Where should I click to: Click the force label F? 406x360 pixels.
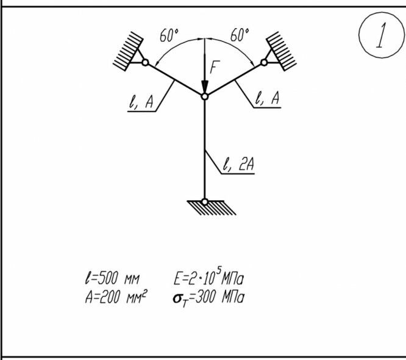[x=213, y=67]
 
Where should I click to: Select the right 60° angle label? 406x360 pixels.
[x=240, y=36]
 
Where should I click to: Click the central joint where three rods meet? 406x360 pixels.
[x=205, y=96]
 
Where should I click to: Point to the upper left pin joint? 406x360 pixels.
[x=144, y=62]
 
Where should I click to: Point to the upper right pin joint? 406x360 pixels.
[x=265, y=62]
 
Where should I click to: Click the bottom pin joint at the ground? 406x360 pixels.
[x=205, y=201]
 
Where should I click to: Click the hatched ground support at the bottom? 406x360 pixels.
[x=205, y=209]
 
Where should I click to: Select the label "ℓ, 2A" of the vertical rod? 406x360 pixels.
[x=238, y=164]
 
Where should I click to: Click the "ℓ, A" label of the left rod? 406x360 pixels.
[x=140, y=103]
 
